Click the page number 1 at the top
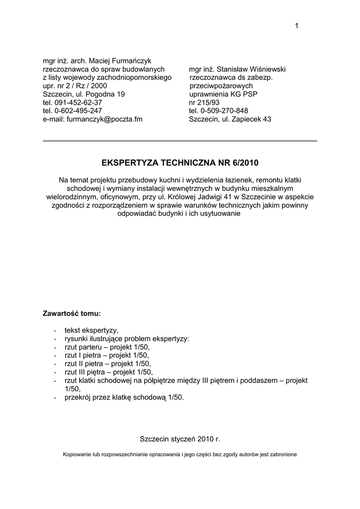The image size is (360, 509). (296, 26)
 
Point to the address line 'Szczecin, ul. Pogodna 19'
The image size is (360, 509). (84, 94)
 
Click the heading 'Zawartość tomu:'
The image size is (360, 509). (72, 314)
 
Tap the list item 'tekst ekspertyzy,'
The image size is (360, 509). (92, 330)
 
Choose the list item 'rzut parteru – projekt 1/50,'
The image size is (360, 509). (107, 347)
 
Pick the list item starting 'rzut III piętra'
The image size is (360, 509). (108, 372)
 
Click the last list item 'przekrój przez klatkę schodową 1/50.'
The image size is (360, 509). (124, 397)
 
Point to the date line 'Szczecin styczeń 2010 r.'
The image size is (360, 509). (180, 439)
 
